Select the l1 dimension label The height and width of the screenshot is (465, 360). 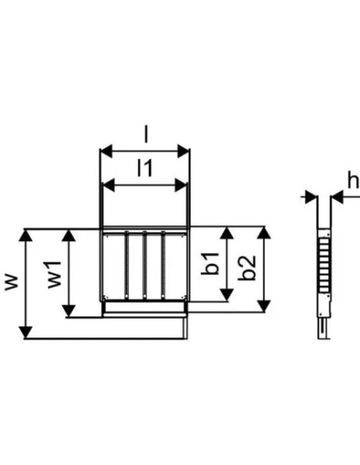click(x=144, y=167)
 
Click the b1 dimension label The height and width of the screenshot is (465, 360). click(x=211, y=264)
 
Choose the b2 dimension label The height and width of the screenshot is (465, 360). click(x=248, y=268)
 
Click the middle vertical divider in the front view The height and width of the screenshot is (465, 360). click(x=144, y=263)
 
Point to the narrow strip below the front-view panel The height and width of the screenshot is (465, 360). click(x=144, y=307)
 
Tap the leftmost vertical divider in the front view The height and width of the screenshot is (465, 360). click(x=125, y=263)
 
